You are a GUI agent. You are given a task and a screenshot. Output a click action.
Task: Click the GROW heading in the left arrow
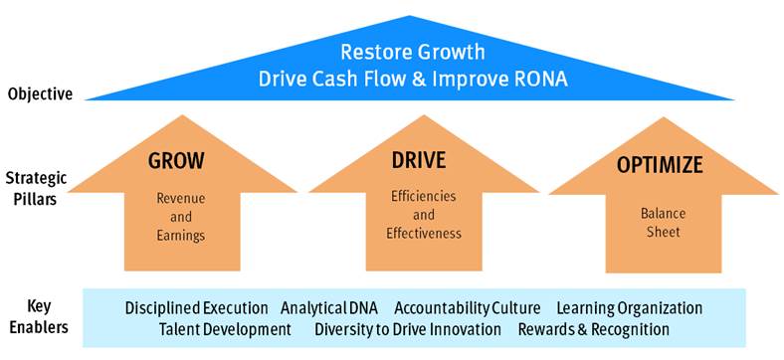click(176, 161)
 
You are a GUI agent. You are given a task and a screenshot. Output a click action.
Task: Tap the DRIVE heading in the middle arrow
click(418, 160)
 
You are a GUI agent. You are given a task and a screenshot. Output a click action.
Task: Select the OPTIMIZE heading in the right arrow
click(660, 165)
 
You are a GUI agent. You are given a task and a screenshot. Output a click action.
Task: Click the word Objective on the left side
click(41, 94)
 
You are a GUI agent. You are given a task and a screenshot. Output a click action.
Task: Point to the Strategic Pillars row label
click(38, 189)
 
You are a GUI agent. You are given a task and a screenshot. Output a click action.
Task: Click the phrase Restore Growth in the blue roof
click(413, 52)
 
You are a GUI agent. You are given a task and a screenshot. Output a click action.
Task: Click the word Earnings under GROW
click(181, 236)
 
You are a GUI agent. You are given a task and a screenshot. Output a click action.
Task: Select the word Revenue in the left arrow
click(181, 198)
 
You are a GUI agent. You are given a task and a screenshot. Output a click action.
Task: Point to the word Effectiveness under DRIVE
click(424, 234)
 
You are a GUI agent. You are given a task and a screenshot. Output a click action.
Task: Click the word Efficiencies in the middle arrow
click(424, 196)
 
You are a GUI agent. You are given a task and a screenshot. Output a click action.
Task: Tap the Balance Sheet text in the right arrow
click(663, 223)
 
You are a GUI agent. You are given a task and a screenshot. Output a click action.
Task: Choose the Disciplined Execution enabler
click(197, 308)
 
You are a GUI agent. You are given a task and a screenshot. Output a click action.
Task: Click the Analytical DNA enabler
click(329, 308)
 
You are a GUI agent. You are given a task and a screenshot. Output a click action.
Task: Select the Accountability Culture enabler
click(468, 308)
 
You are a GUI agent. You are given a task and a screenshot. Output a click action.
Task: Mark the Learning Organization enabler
click(630, 308)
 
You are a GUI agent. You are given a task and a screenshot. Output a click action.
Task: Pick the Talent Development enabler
click(225, 329)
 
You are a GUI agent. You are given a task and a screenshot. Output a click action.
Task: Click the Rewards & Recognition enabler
click(594, 329)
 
